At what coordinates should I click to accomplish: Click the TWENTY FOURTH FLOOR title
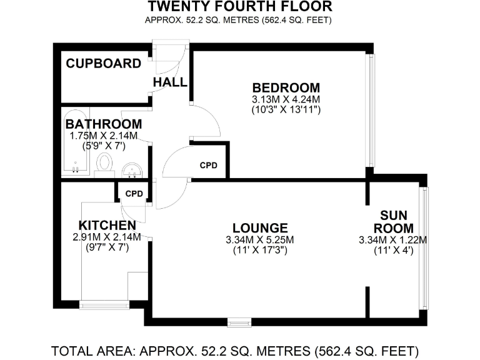point(239,7)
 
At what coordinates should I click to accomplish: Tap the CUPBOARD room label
point(104,63)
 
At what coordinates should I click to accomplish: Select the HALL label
point(170,82)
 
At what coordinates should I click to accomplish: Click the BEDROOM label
point(286,87)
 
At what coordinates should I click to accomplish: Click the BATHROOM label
point(103,124)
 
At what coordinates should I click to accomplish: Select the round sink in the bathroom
point(131,169)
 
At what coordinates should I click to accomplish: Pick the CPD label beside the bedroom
point(209,166)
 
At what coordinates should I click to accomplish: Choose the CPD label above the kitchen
point(134,194)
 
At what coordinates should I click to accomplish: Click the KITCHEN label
point(107,225)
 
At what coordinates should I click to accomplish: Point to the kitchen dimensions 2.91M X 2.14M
point(107,237)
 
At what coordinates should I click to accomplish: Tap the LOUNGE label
point(259,228)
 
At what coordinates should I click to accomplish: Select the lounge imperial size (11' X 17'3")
point(259,251)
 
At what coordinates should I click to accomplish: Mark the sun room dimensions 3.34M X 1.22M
point(393,240)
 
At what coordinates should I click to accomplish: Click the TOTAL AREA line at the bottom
point(235,349)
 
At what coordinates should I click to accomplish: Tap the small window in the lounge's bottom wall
point(237,322)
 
